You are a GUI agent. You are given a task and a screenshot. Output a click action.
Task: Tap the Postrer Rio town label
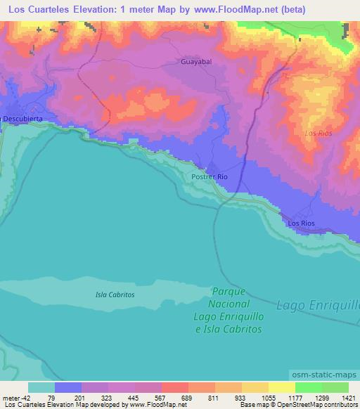click(x=210, y=177)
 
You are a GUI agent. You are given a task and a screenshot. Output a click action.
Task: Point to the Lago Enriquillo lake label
click(x=318, y=305)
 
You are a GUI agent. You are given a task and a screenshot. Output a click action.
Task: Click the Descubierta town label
click(x=22, y=119)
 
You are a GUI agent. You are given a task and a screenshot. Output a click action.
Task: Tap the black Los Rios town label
click(x=302, y=223)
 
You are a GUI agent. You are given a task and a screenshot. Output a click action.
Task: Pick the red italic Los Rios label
click(x=318, y=132)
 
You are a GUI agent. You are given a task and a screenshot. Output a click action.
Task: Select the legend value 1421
click(x=347, y=397)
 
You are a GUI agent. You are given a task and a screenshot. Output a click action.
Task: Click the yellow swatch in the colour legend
click(x=282, y=387)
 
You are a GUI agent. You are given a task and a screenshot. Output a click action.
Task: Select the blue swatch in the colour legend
click(x=68, y=387)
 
